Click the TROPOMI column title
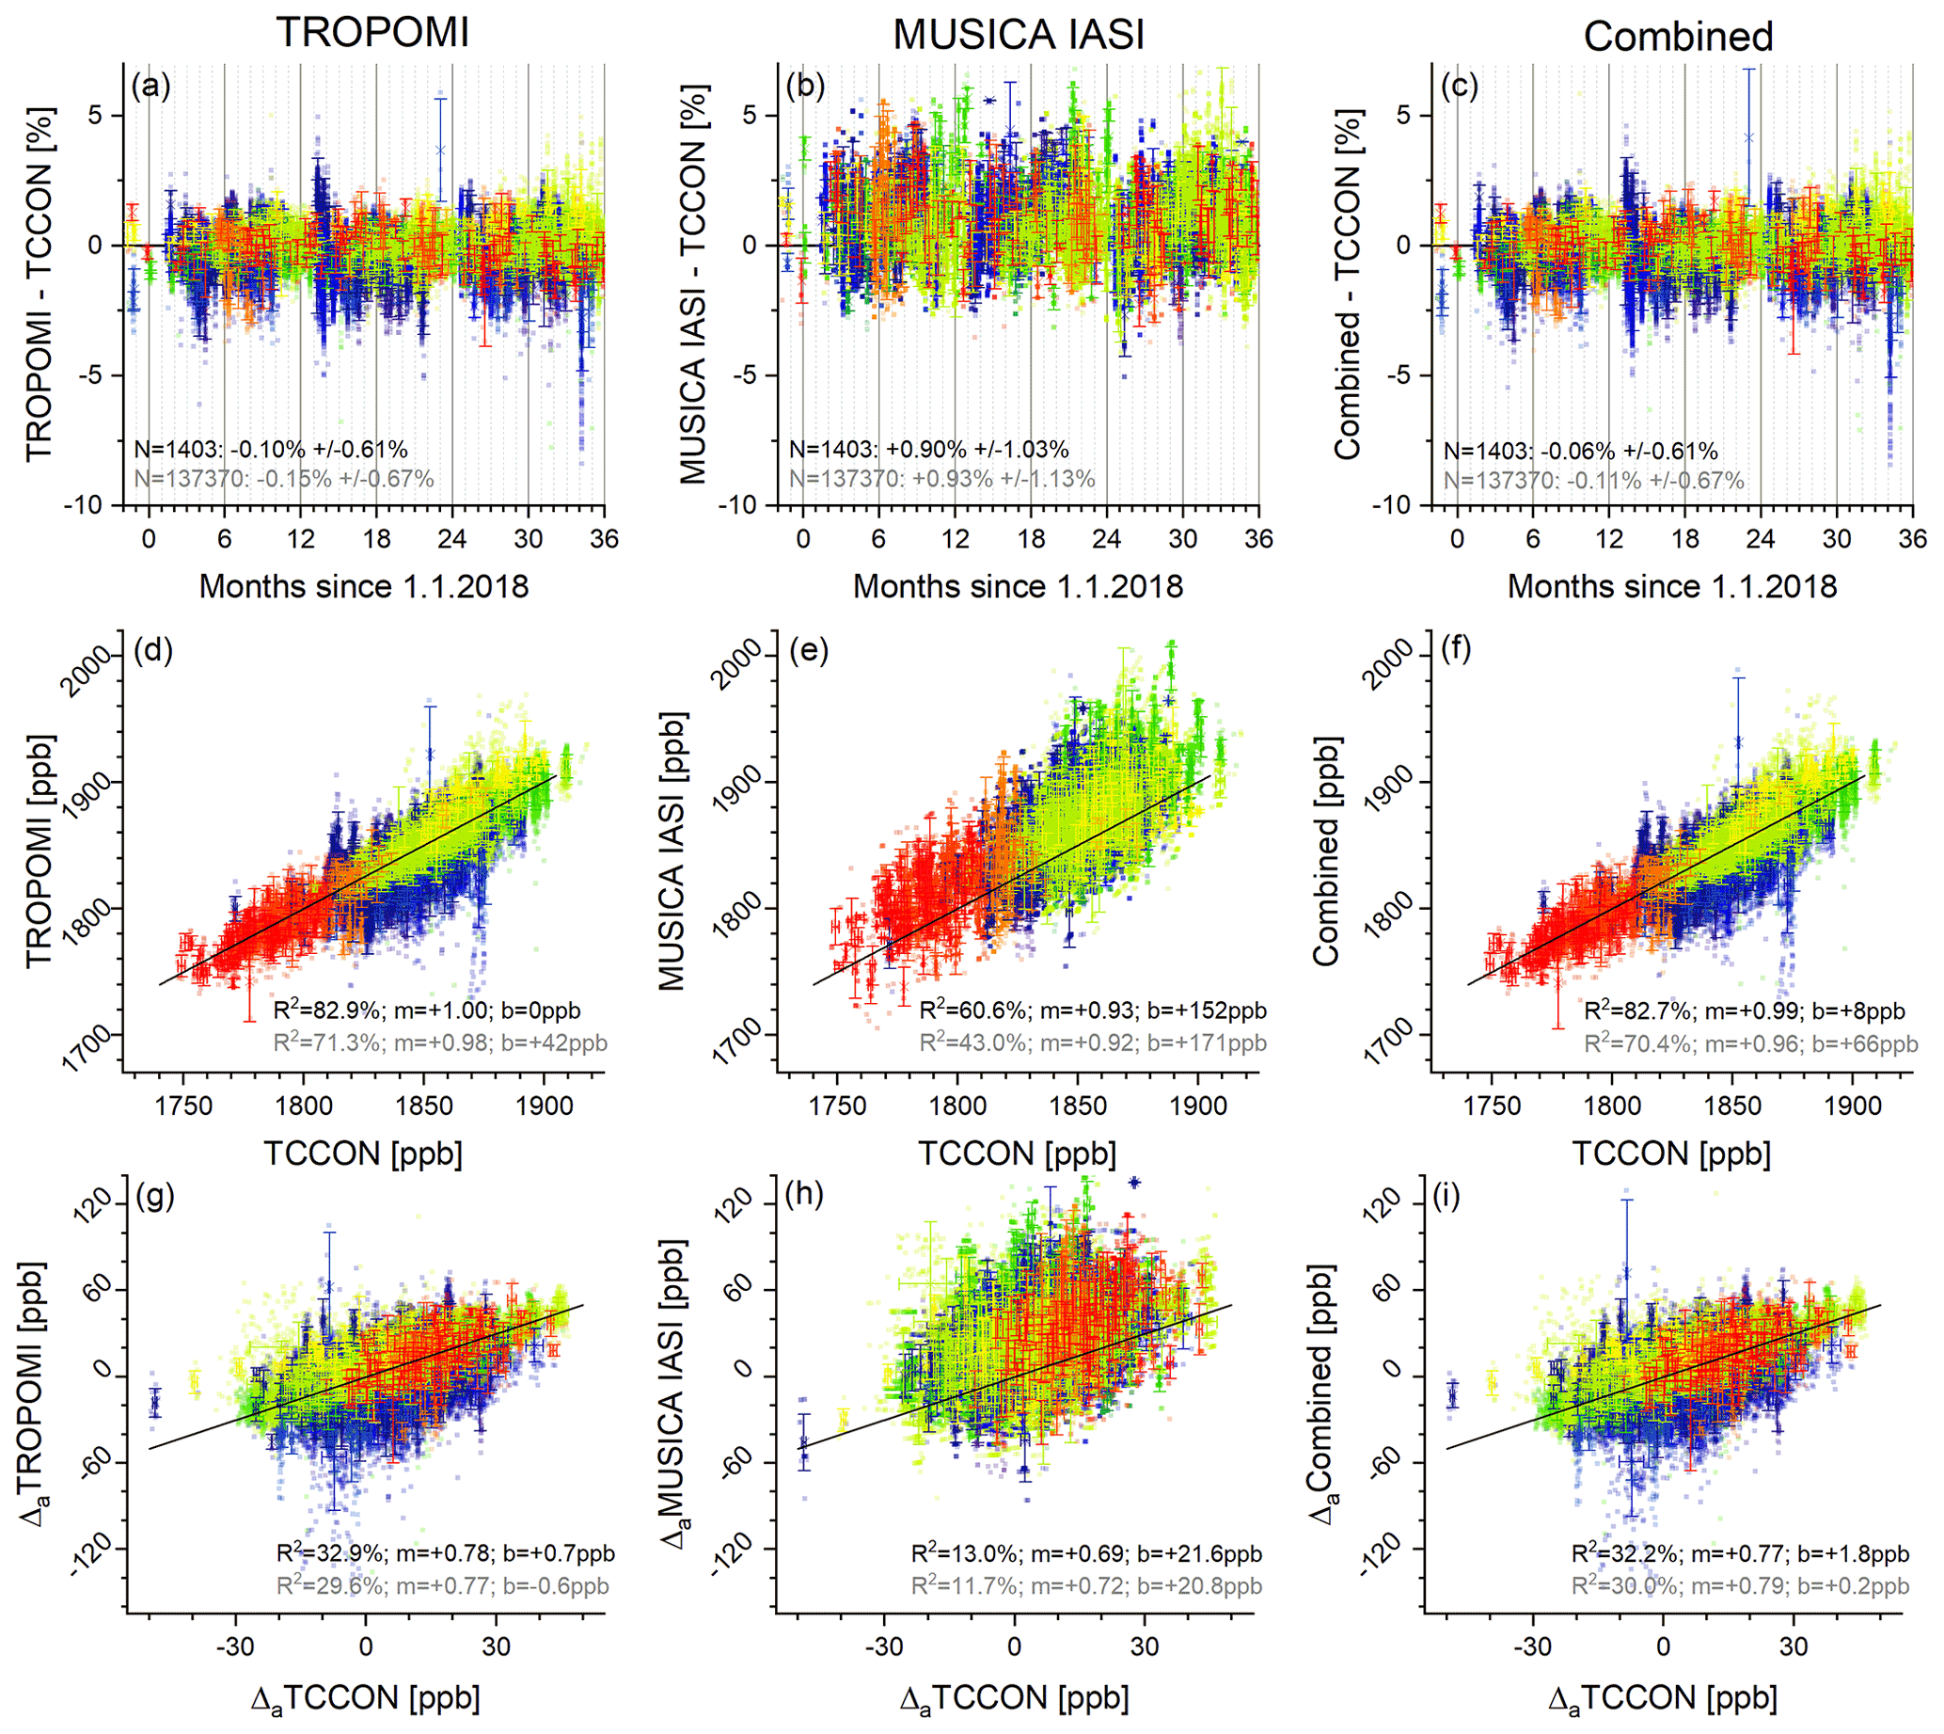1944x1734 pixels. tap(372, 32)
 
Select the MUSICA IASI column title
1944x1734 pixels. tap(1019, 35)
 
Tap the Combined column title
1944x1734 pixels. tap(1678, 37)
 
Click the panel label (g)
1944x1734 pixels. tap(154, 1195)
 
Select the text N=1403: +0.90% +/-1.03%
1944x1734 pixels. tap(928, 450)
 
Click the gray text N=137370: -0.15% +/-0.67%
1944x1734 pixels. tap(283, 478)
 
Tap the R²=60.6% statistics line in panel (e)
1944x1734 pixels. tap(1093, 1010)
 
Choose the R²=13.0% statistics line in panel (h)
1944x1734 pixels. tap(1087, 1554)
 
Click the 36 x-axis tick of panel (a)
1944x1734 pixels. tap(605, 539)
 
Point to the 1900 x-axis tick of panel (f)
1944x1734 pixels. tap(1852, 1106)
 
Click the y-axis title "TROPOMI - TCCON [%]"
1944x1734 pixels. tap(40, 284)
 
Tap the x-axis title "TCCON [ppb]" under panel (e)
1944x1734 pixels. tap(1018, 1153)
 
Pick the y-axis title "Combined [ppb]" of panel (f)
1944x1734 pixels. tap(1326, 850)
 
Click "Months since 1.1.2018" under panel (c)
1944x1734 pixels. tap(1671, 586)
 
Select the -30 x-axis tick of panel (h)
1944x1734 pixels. tap(883, 1647)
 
